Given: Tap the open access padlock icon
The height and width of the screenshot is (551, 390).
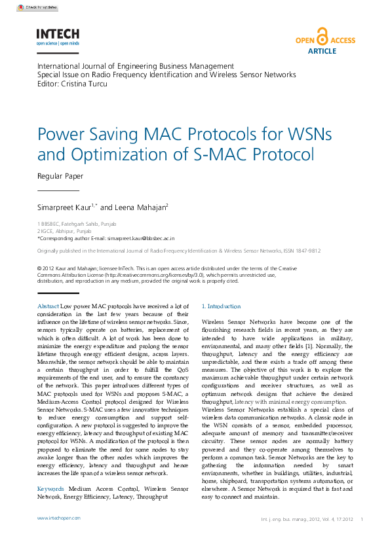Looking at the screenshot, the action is click(321, 37).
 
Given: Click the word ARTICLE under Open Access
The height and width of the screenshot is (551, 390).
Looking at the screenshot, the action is click(322, 51).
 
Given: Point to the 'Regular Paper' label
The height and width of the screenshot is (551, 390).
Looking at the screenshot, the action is click(60, 176).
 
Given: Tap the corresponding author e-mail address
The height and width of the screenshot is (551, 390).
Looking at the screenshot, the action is click(141, 239).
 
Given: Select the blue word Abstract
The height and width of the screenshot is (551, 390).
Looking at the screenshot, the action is click(48, 306).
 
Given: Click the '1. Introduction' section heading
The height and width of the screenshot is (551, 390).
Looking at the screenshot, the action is click(221, 306).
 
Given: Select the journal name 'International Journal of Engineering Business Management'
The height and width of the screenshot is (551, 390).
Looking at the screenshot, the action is click(135, 66).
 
